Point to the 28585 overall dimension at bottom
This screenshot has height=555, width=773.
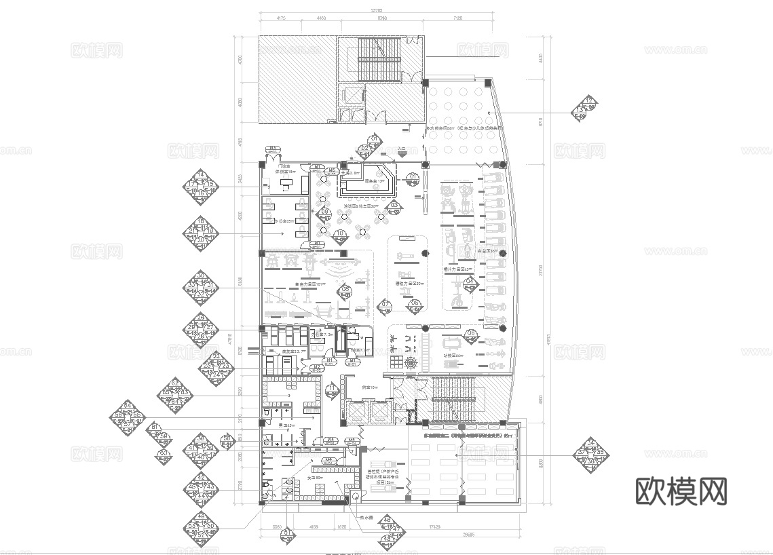pos(464,535)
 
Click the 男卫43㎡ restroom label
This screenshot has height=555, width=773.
pos(288,426)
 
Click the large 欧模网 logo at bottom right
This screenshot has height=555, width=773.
pos(681,491)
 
